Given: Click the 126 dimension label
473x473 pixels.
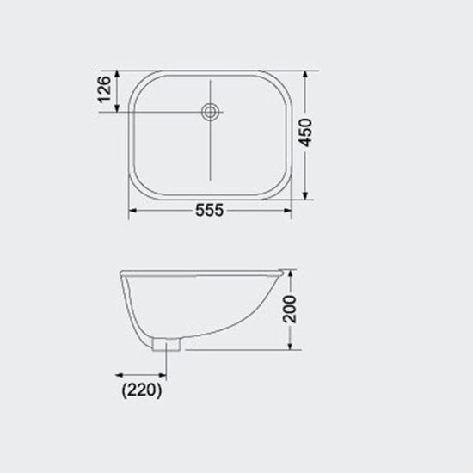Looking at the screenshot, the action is pos(105,89).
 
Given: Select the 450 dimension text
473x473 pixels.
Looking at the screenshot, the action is pos(305,132).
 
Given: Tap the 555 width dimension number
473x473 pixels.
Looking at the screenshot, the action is pos(209,210).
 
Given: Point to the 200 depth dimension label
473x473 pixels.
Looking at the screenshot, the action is pos(290,310).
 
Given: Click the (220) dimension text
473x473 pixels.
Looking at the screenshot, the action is pos(142,390).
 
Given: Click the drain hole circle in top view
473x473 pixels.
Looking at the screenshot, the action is pos(210,112).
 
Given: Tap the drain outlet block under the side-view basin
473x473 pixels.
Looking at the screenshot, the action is pos(167,345).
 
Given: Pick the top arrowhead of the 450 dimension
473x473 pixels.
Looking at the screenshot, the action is pos(305,75).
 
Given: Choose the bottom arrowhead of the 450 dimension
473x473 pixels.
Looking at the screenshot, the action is pos(305,195).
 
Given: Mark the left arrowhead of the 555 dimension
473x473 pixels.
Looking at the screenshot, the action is pos(132,211).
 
